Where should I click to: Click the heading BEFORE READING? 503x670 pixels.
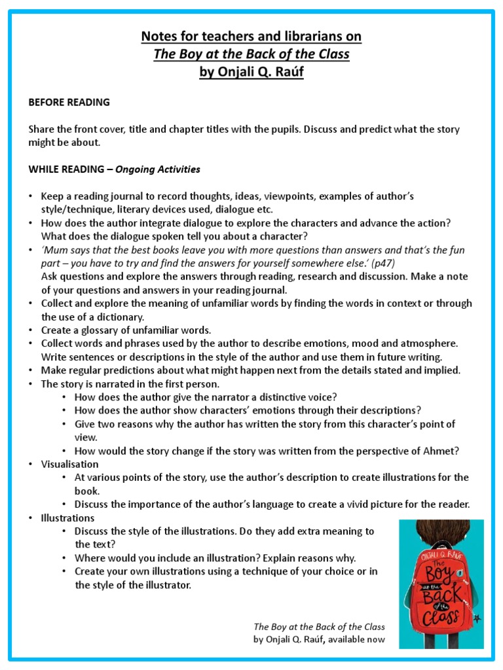(x=69, y=102)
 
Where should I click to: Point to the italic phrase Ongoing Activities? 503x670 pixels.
(x=158, y=169)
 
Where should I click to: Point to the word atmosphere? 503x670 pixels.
(x=428, y=344)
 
